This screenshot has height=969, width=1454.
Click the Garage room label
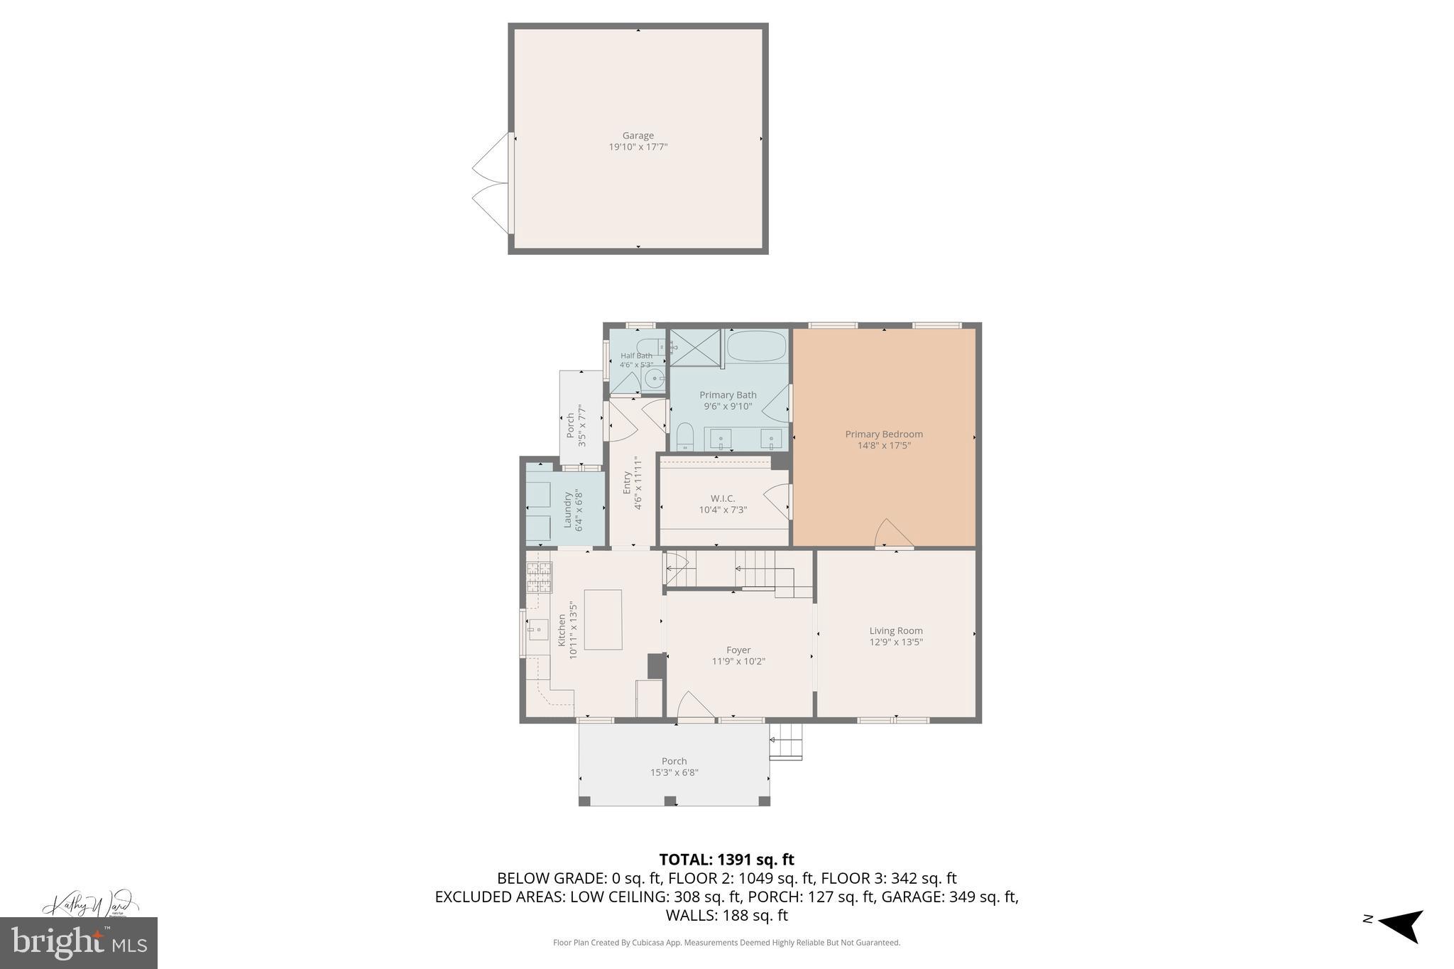click(638, 136)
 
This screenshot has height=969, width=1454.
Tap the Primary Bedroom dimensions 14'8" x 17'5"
click(883, 446)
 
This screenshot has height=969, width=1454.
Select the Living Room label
click(896, 630)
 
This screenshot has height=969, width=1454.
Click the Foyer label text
click(738, 650)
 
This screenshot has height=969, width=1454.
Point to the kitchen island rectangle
click(603, 619)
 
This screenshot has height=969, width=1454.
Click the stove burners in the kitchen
click(539, 576)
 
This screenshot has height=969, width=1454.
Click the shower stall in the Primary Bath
click(695, 348)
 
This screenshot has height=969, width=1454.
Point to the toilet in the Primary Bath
click(684, 435)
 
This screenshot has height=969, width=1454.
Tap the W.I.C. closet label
click(723, 498)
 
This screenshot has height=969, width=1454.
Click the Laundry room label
click(568, 510)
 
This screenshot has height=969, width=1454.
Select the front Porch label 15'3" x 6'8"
click(674, 767)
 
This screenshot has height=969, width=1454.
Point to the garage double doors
click(491, 183)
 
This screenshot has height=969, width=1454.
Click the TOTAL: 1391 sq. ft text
click(726, 860)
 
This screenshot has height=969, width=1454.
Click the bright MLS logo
click(79, 943)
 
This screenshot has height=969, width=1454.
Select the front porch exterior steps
click(786, 741)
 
